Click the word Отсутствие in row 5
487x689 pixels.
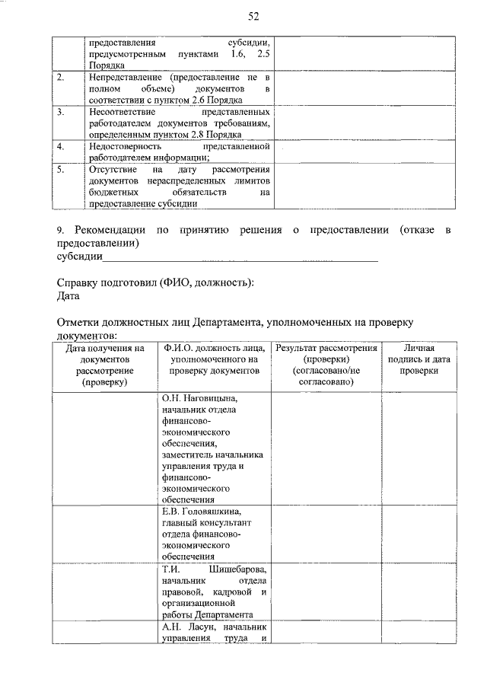112,169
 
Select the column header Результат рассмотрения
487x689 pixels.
326,348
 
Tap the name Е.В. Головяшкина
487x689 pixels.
206,511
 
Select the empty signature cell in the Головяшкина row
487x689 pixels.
418,533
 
